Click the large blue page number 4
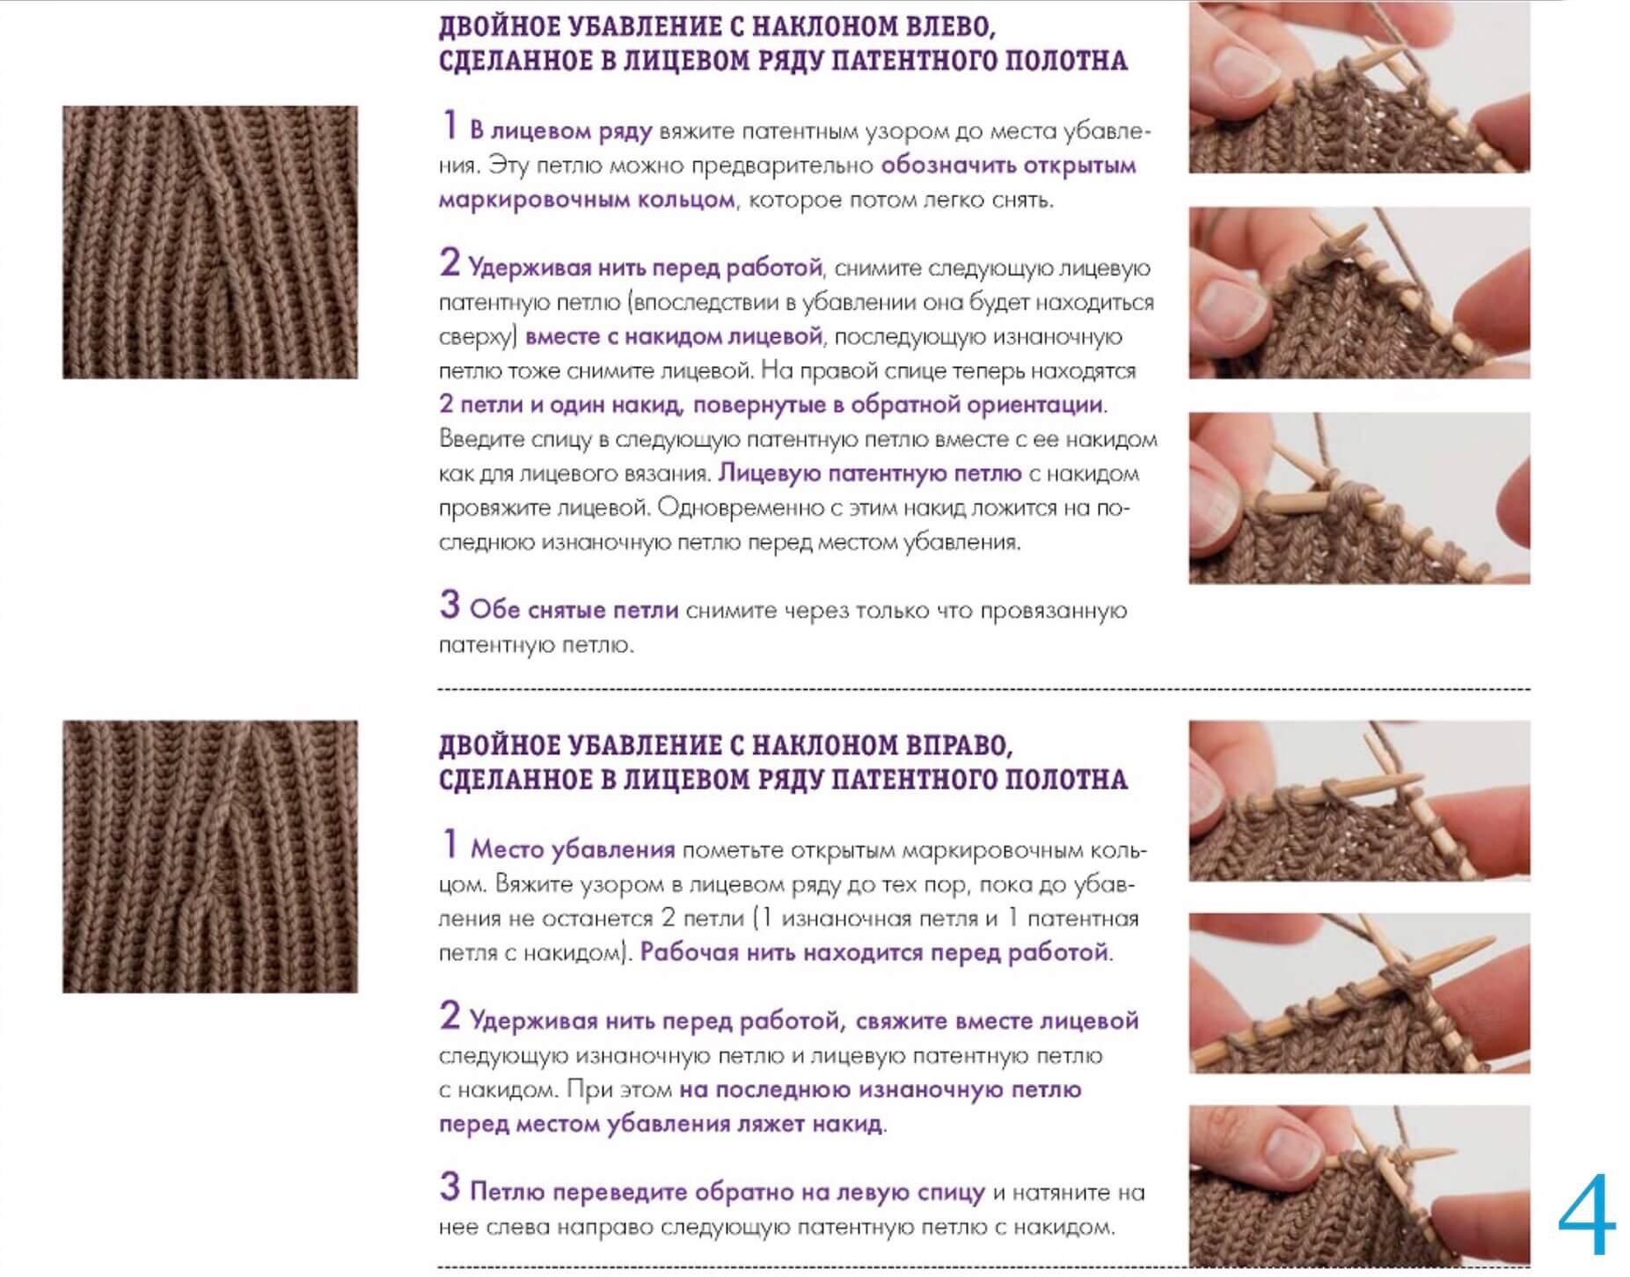coord(1587,1215)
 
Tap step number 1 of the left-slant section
coord(450,125)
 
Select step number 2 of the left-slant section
coord(450,261)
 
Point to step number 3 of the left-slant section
coord(450,604)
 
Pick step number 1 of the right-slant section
coord(450,844)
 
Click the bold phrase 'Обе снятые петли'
coord(574,610)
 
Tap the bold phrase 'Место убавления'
coord(573,850)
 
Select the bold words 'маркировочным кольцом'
coord(587,200)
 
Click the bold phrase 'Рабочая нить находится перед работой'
coord(873,952)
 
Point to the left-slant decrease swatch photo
coord(210,242)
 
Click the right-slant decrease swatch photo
coord(210,856)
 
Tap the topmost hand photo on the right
coord(1359,87)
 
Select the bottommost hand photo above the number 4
coord(1359,1185)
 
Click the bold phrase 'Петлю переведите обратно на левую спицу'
coord(727,1193)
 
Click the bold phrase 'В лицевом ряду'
coord(560,131)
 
